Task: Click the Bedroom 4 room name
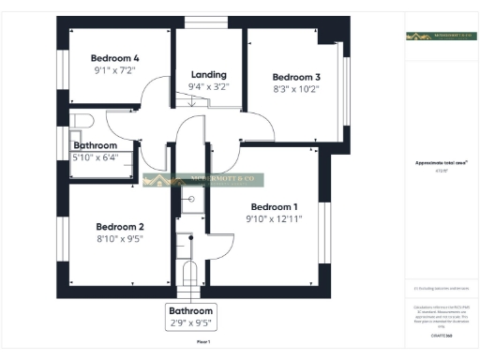click(115, 57)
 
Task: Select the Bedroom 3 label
click(297, 77)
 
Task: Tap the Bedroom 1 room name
click(275, 207)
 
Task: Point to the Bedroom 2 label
click(120, 226)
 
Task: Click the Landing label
click(208, 74)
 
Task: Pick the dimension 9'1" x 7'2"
click(115, 70)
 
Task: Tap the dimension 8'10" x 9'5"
click(120, 239)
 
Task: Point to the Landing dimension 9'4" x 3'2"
click(208, 87)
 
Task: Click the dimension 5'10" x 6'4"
click(96, 157)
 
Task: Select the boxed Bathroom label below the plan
click(191, 310)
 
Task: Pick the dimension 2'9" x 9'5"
click(191, 323)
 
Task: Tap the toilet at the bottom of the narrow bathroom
click(189, 273)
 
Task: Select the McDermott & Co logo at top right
click(441, 37)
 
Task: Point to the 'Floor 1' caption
click(202, 343)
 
